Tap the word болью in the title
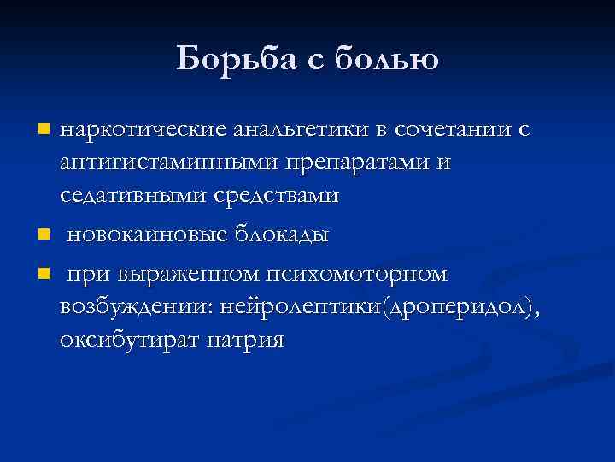(385, 59)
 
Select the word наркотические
(143, 130)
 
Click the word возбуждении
(137, 307)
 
